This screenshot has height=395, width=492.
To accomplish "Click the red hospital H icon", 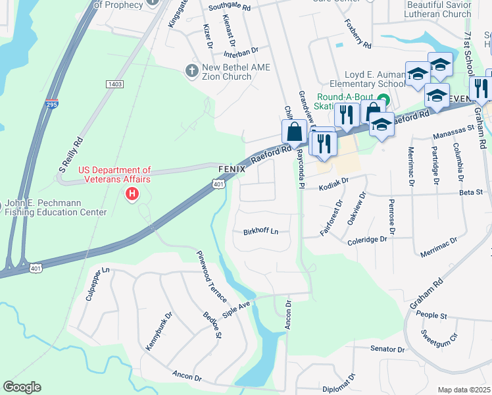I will point(133,194).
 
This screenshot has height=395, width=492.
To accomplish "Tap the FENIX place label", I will point(232,169).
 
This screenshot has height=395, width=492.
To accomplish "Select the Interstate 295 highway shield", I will point(51,104).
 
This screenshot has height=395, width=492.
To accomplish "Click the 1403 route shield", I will point(114,84).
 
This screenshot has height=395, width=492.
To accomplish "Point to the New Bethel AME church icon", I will point(192,70).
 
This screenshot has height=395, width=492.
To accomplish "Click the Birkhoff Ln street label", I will point(261,232).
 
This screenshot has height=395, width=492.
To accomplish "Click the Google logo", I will point(22,387).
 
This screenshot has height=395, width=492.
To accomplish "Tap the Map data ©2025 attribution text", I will point(464,390).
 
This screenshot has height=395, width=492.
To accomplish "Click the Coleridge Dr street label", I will point(366,240).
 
